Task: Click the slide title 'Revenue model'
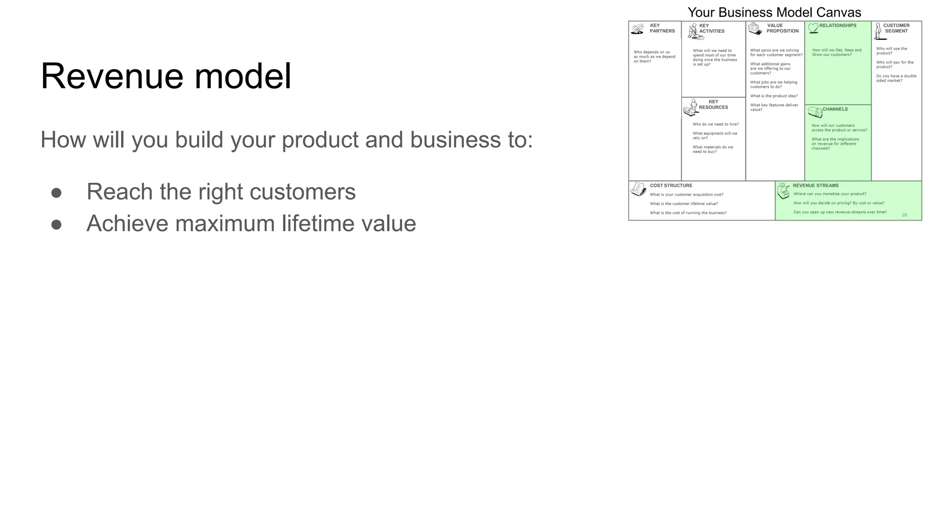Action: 166,76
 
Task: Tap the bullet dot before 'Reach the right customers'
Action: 56,193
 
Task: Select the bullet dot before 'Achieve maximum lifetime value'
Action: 56,224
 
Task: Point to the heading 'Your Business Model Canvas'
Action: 774,12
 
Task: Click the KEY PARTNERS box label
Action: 662,28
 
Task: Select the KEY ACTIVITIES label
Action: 712,28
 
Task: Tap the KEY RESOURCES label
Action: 714,105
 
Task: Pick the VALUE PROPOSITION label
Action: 782,28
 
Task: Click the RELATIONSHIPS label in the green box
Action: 838,26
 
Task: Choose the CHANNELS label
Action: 835,109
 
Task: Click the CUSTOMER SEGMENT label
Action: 897,28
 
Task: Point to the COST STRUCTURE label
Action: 671,186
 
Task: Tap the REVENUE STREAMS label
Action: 816,186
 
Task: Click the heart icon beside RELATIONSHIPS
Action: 813,28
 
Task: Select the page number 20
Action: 904,215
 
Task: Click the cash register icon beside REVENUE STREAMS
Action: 784,191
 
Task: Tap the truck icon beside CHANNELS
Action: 814,112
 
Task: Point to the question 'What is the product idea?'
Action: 774,96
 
